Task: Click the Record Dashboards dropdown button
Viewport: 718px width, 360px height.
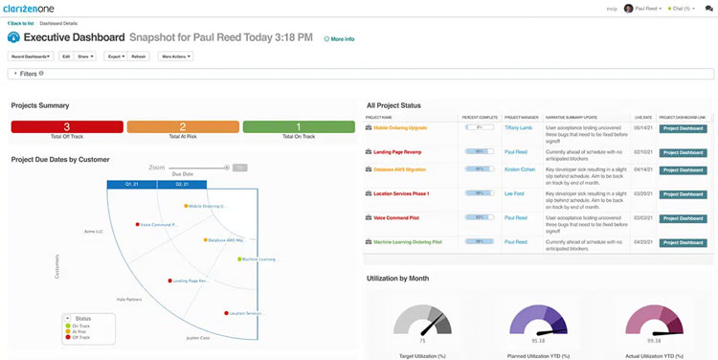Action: (x=32, y=56)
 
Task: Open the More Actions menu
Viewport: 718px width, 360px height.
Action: (x=175, y=56)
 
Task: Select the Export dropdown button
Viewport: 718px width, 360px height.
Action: (x=115, y=56)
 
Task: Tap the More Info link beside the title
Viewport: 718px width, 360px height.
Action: (x=339, y=39)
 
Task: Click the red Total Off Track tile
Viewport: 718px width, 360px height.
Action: (x=67, y=127)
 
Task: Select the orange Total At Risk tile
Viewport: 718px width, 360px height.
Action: (x=183, y=127)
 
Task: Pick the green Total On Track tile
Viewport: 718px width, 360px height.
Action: (x=299, y=127)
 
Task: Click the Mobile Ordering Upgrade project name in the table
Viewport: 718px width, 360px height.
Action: (x=400, y=127)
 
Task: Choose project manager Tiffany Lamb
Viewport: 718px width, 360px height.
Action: (x=517, y=127)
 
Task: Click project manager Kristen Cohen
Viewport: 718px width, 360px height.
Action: (x=520, y=169)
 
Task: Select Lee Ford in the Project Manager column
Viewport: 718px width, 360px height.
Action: (x=515, y=194)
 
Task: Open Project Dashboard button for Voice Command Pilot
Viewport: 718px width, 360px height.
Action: (x=684, y=218)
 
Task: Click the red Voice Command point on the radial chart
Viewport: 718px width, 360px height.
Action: (x=139, y=225)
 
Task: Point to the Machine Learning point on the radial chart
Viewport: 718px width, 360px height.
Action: (x=238, y=259)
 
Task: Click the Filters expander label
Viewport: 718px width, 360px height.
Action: (x=27, y=74)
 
